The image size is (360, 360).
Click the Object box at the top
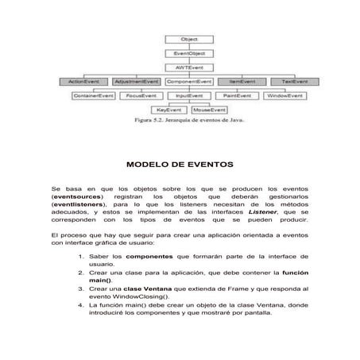188,39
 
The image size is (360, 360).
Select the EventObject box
188,53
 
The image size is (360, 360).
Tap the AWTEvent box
188,68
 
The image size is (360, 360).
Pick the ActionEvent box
83,81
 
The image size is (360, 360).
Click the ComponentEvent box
189,81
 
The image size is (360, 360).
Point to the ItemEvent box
242,81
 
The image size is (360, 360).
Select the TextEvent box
294,81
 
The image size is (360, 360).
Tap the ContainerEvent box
94,95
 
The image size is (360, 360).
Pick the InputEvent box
189,95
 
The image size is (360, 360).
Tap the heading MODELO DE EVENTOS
180,165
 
